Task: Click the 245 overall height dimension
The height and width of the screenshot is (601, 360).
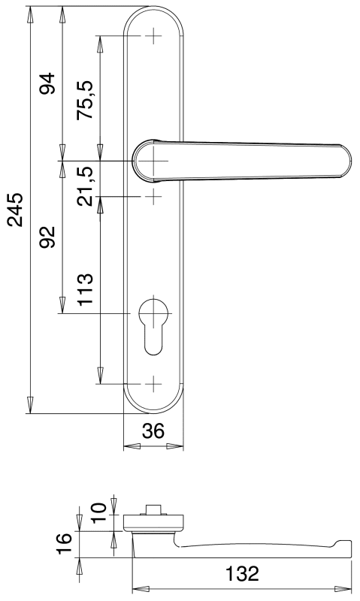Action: pos(16,210)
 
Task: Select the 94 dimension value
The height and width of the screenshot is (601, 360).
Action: pos(48,83)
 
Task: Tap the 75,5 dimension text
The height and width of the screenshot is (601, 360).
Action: pos(85,100)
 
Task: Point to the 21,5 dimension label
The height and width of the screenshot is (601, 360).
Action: pos(85,186)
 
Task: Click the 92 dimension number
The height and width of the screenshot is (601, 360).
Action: pos(48,237)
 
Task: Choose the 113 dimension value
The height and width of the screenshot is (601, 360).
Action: pos(85,289)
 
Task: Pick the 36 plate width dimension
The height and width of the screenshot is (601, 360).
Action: pos(153,431)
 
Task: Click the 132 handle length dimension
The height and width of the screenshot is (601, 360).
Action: pos(242,574)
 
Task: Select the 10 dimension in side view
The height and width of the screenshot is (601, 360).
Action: pos(98,513)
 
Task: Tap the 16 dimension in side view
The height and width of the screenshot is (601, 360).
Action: pos(64,543)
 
